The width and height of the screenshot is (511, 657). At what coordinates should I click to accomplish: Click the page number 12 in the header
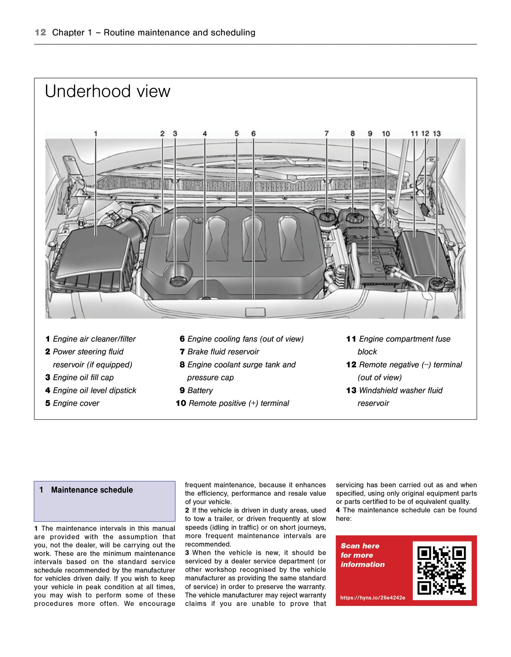click(x=40, y=33)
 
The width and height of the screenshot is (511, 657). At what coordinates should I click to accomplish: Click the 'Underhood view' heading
click(x=107, y=91)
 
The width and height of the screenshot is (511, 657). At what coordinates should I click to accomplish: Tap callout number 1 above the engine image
click(x=96, y=134)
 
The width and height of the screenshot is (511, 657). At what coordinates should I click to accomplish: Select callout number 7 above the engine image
click(x=326, y=134)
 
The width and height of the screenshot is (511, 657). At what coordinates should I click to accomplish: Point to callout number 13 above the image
click(x=437, y=134)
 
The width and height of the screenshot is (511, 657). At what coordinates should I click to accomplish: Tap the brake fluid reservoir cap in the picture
click(x=326, y=217)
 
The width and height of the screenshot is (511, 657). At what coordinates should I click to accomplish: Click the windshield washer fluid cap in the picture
click(x=437, y=283)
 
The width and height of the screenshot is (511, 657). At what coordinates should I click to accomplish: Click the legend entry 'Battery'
click(x=200, y=390)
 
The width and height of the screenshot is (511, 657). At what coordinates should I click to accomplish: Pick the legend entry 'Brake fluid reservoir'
click(x=223, y=352)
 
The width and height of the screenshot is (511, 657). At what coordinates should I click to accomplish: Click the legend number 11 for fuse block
click(x=351, y=339)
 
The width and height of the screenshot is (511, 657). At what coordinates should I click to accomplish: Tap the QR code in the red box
click(x=442, y=570)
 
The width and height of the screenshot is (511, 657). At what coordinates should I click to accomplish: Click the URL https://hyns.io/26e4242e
click(x=373, y=598)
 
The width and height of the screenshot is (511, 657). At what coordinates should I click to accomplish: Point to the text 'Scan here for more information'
click(x=362, y=555)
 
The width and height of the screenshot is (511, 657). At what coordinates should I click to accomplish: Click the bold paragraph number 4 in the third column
click(x=338, y=510)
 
